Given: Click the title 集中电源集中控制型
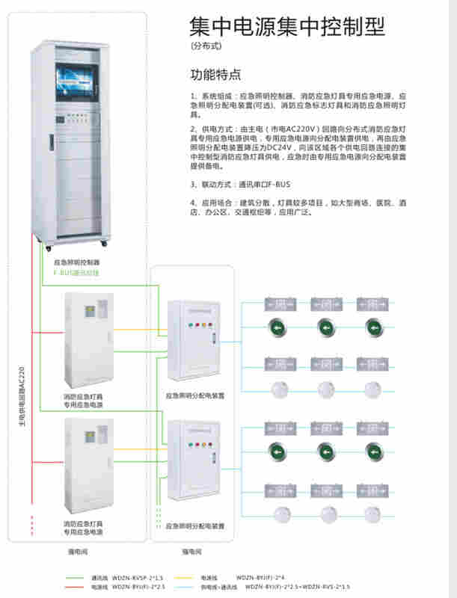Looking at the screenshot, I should tap(287, 27).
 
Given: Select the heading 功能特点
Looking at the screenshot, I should tap(216, 75).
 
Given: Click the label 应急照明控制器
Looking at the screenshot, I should tap(77, 263).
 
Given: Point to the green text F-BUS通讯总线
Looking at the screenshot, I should tap(76, 274).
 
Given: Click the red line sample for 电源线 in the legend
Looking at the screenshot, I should tap(75, 588).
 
